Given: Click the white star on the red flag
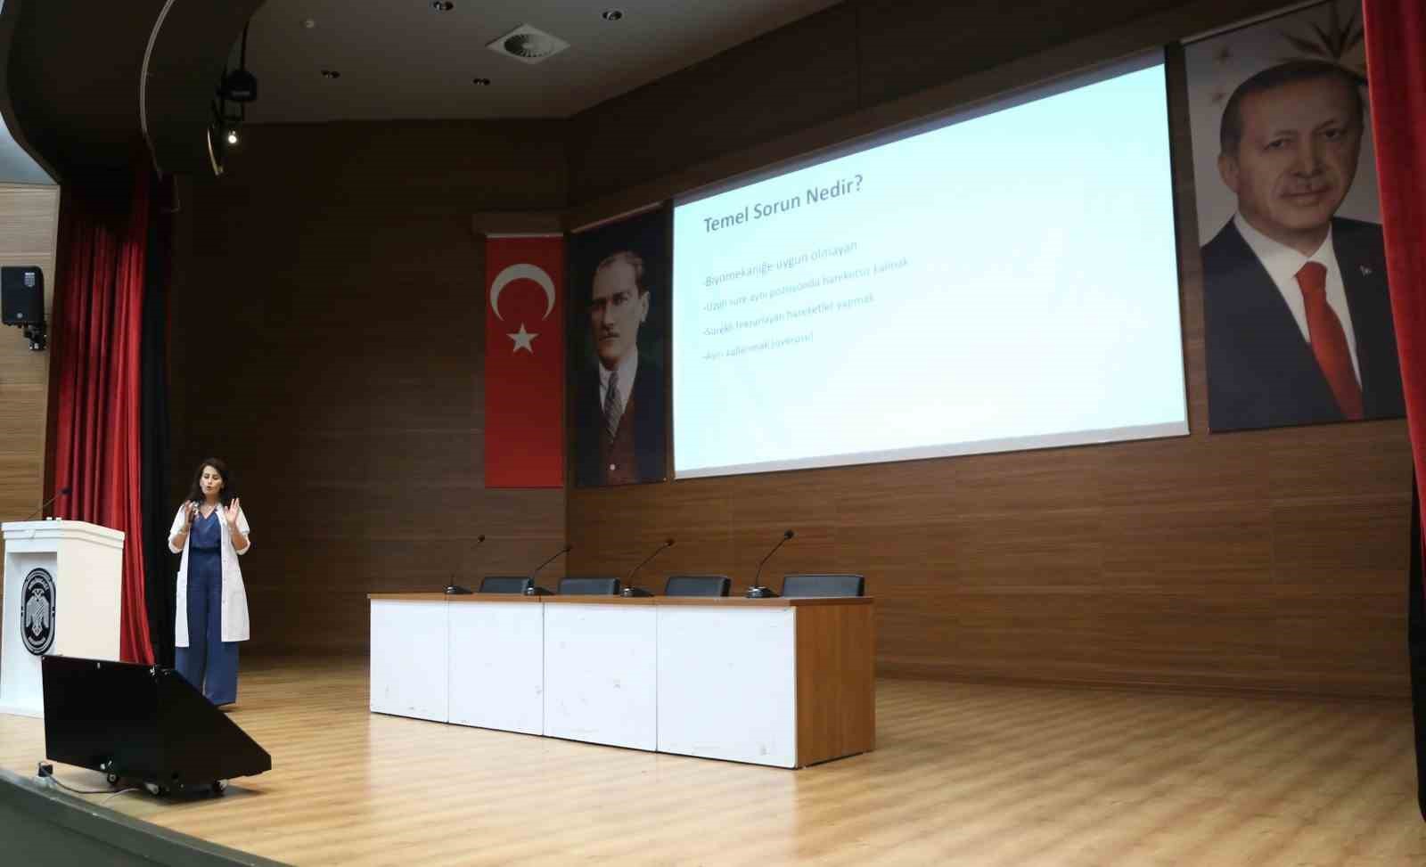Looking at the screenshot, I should (522, 337).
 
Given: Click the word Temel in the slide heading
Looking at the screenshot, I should (730, 221).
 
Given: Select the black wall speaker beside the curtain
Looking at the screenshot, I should (21, 295).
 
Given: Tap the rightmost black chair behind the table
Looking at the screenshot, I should (822, 585).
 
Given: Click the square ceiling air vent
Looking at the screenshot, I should (529, 41).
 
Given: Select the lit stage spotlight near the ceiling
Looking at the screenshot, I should (231, 137).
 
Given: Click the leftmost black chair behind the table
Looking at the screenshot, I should (506, 585).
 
